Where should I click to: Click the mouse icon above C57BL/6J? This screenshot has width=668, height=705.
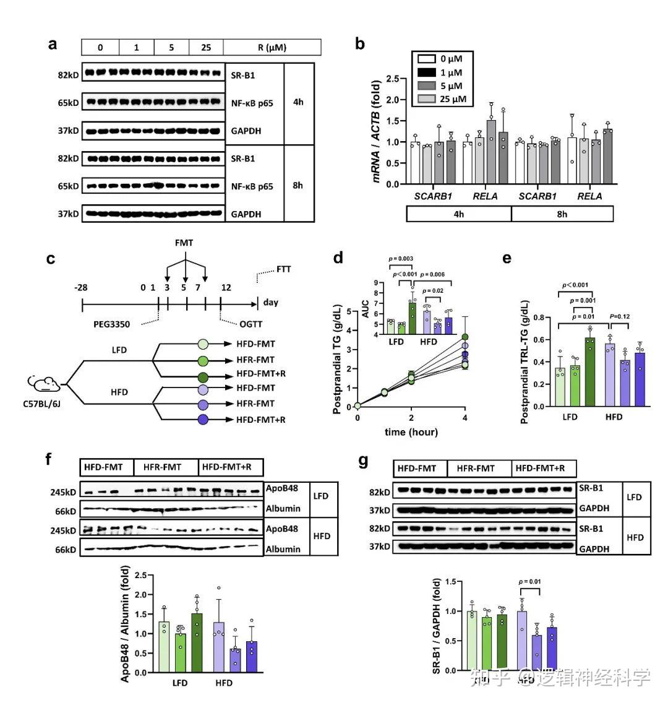coord(45,384)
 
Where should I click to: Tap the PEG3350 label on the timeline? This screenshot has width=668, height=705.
coord(112,324)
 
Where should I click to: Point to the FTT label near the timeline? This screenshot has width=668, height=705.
coord(283,269)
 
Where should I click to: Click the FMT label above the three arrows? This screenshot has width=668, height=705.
coord(184,243)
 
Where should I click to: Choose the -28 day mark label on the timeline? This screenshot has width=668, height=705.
coord(81,287)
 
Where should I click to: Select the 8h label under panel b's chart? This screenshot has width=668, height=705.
coord(562,214)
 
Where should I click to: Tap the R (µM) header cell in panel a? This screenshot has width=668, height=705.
coord(272,48)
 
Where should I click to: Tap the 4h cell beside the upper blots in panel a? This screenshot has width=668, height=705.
coord(298,102)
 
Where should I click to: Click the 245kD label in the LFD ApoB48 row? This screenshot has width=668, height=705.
coord(64,493)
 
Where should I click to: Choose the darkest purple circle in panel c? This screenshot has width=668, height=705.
coord(203,420)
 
